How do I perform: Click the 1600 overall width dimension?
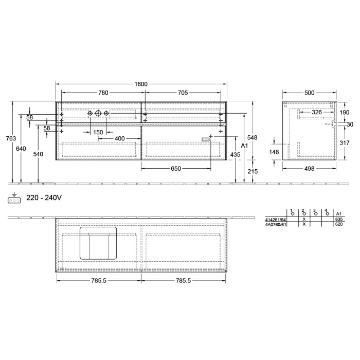coord(141,84)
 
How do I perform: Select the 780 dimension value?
coord(103,93)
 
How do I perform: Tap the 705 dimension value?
coord(182,93)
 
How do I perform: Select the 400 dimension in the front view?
coord(119,139)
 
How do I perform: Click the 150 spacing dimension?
coord(98,132)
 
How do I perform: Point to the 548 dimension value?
coord(252,137)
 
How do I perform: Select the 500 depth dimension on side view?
coord(309,93)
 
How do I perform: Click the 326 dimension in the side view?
coord(317,112)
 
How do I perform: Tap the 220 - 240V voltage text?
coord(44,197)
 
